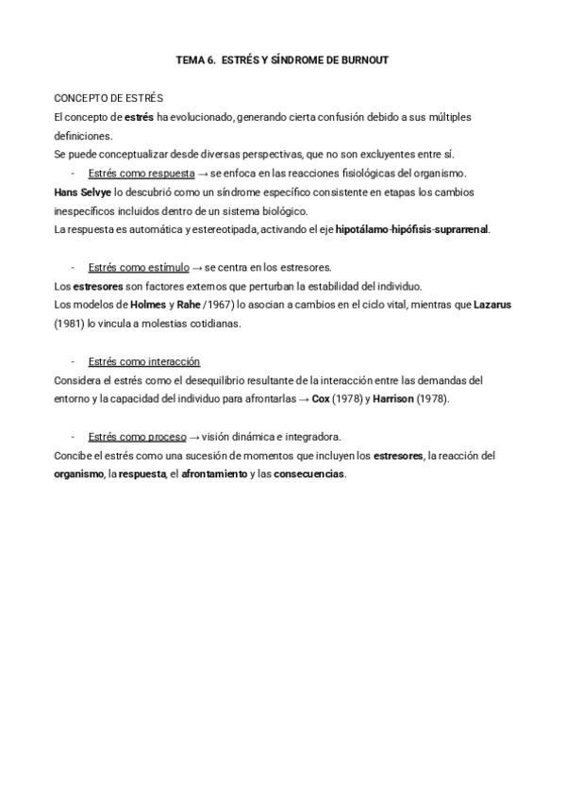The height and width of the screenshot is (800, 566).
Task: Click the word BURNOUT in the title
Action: click(x=365, y=60)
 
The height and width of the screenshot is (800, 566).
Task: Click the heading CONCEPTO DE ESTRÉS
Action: click(x=108, y=98)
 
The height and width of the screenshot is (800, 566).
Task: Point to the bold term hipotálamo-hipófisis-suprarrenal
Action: click(x=412, y=229)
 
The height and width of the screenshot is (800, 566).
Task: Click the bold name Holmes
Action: click(x=148, y=305)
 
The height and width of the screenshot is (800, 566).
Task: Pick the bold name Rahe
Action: click(x=189, y=305)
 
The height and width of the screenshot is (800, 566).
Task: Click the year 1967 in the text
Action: click(x=220, y=305)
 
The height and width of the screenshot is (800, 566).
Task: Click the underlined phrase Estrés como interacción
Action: click(x=143, y=361)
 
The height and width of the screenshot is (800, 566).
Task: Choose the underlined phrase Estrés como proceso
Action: click(x=137, y=437)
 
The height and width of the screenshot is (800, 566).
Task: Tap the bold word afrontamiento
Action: click(x=214, y=474)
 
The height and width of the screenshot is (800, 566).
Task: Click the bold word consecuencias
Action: click(x=308, y=474)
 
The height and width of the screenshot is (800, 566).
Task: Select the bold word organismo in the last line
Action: click(x=79, y=474)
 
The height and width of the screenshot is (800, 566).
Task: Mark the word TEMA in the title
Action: click(x=190, y=60)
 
